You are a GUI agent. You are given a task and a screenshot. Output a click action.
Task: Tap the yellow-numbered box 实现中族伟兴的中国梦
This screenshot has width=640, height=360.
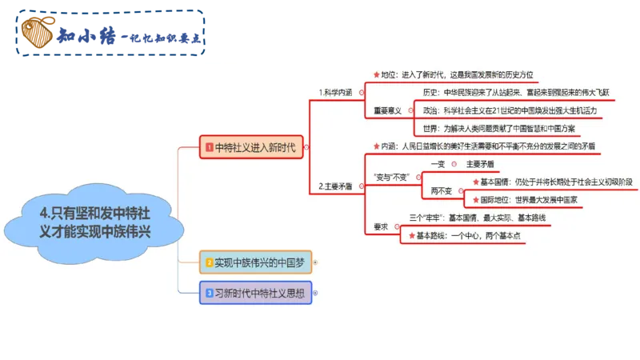pos(256,262)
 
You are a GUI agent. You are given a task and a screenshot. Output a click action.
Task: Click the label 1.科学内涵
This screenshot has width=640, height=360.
pos(337,94)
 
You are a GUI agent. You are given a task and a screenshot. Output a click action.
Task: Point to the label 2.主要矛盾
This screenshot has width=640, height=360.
pos(337,186)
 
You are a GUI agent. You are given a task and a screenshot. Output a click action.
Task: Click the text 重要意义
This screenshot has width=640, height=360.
pos(387,110)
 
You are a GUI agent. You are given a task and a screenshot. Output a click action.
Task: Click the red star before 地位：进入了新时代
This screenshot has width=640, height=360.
pos(377,74)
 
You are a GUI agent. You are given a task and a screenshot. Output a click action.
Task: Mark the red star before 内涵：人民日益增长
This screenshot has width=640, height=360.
pos(377,146)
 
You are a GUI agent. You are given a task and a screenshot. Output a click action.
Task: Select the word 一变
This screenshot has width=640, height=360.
pos(438,164)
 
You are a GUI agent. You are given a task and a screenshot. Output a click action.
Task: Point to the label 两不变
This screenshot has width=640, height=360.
pos(442,190)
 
